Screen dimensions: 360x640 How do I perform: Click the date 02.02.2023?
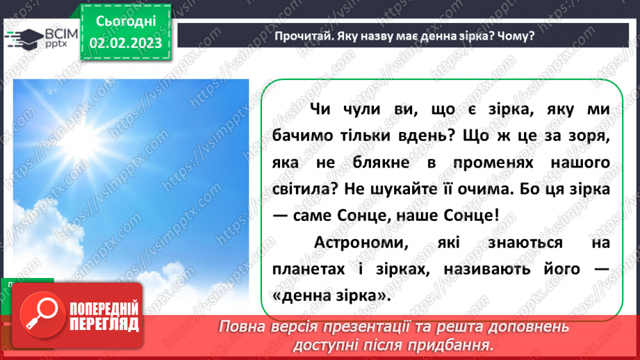[x=125, y=44]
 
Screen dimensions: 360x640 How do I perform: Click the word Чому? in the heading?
[x=518, y=36]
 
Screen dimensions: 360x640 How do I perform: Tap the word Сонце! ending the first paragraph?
[x=475, y=215]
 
